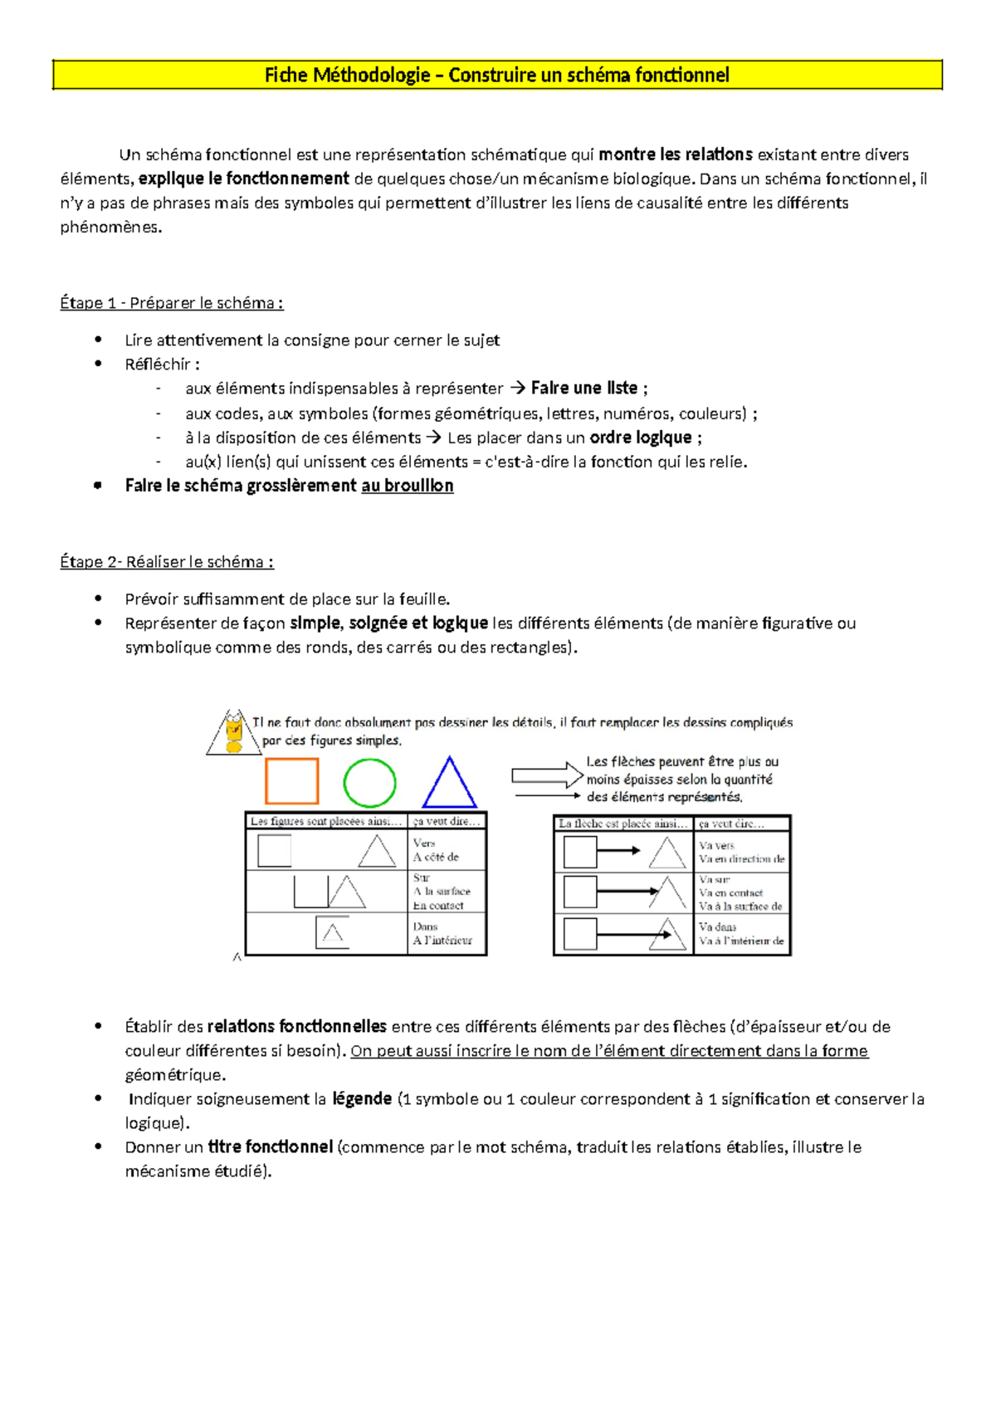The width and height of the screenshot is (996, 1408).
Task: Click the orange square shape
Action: click(x=291, y=781)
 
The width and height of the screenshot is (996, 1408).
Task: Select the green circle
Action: click(x=369, y=783)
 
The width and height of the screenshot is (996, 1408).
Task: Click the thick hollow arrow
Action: click(x=547, y=775)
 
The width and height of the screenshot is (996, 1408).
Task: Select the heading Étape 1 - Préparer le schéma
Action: click(x=172, y=303)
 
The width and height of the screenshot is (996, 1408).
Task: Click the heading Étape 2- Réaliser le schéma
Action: click(x=167, y=562)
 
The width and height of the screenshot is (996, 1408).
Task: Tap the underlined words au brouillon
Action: click(x=407, y=486)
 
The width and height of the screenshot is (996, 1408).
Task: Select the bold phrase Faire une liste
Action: click(x=584, y=389)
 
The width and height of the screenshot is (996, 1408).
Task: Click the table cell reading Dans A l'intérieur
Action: click(x=446, y=933)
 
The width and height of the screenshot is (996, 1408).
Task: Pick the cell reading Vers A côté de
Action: click(x=446, y=849)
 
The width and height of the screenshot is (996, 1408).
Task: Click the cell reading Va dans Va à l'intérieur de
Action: click(x=740, y=934)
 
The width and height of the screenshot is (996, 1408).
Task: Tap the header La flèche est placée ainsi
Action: click(x=622, y=824)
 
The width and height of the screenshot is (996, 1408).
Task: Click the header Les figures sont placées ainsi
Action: click(x=325, y=822)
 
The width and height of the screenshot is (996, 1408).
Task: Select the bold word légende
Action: click(x=362, y=1099)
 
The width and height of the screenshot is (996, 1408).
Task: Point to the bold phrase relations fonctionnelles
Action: click(x=296, y=1027)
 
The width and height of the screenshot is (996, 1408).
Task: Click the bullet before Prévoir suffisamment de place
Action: click(x=99, y=599)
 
